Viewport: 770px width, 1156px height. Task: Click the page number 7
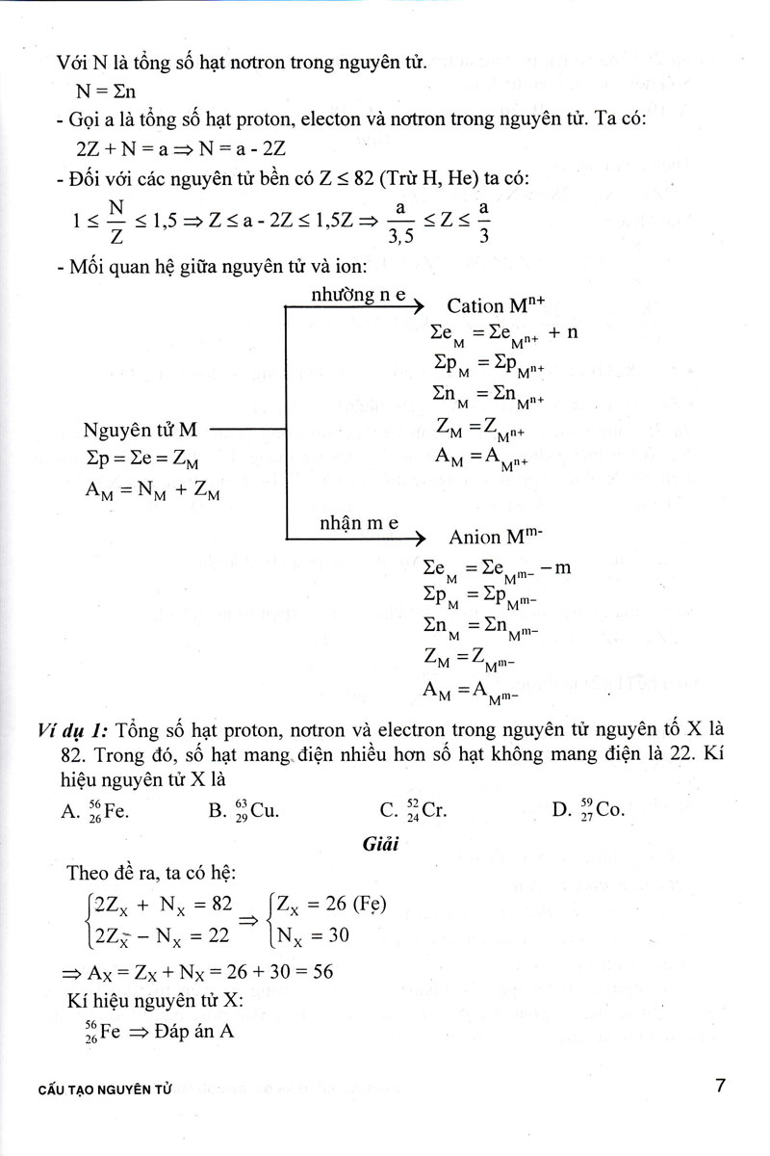coord(720,1086)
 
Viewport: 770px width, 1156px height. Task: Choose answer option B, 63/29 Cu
coord(244,810)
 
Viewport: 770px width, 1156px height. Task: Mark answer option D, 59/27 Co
coord(589,810)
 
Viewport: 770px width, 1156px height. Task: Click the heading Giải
coord(381,846)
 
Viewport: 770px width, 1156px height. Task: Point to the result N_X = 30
coord(312,934)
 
